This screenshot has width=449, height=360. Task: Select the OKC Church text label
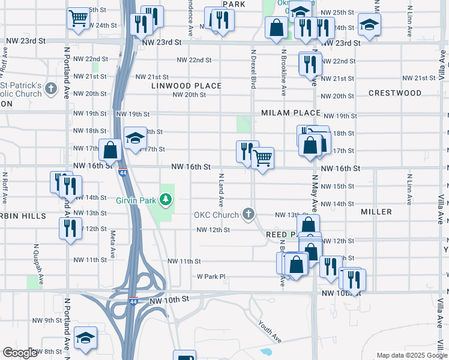tap(216, 215)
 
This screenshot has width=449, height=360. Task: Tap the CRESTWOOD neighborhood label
tap(395, 93)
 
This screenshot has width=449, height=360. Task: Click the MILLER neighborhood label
tap(376, 212)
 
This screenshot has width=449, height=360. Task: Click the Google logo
tap(20, 353)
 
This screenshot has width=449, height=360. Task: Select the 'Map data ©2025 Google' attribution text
tap(411, 355)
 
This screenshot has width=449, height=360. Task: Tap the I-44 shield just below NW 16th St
tap(122, 172)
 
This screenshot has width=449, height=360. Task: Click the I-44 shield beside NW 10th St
tap(132, 299)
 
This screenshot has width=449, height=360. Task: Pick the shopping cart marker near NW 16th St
tap(262, 158)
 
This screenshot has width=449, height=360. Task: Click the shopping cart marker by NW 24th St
tap(78, 18)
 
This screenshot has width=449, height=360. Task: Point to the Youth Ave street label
tap(270, 330)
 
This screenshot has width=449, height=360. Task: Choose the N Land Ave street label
tap(221, 190)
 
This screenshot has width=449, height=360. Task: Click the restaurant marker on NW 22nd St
tap(310, 64)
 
